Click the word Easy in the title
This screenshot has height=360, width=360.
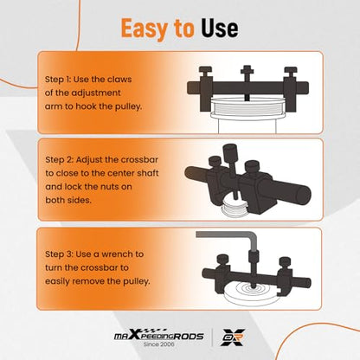pyautogui.click(x=145, y=29)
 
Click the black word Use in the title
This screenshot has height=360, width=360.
pyautogui.click(x=220, y=29)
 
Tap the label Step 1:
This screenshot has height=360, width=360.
pyautogui.click(x=57, y=80)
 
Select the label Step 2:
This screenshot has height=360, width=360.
pyautogui.click(x=59, y=160)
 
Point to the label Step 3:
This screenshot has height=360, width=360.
pyautogui.click(x=59, y=254)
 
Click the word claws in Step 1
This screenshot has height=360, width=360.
pyautogui.click(x=119, y=80)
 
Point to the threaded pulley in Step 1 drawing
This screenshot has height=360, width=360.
pyautogui.click(x=247, y=107)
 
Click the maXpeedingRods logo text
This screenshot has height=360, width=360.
pyautogui.click(x=159, y=336)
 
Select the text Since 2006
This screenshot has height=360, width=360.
pyautogui.click(x=159, y=344)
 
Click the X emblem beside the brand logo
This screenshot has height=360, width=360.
pyautogui.click(x=233, y=337)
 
